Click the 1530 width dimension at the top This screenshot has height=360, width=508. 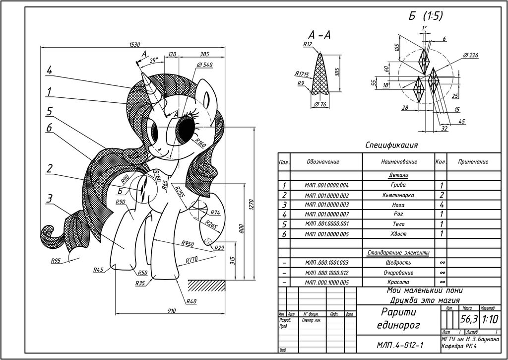pyautogui.click(x=134, y=44)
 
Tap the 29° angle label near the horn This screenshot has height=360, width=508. pyautogui.click(x=153, y=60)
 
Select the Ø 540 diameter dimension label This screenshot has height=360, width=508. pyautogui.click(x=204, y=65)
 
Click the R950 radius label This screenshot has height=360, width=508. pyautogui.click(x=187, y=244)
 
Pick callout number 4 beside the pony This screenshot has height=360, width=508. pyautogui.click(x=49, y=71)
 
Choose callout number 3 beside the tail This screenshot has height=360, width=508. pyautogui.click(x=49, y=199)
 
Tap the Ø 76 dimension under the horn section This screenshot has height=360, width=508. pyautogui.click(x=321, y=104)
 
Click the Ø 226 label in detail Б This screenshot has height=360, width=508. pyautogui.click(x=470, y=55)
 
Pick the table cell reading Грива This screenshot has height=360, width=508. pyautogui.click(x=398, y=185)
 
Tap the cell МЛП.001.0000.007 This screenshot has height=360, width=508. pyautogui.click(x=327, y=214)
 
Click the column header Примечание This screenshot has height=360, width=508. pyautogui.click(x=473, y=162)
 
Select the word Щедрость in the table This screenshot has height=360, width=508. pyautogui.click(x=398, y=262)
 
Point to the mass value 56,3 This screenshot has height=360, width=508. pyautogui.click(x=468, y=319)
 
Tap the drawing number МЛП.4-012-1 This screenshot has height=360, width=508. pyautogui.click(x=399, y=345)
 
